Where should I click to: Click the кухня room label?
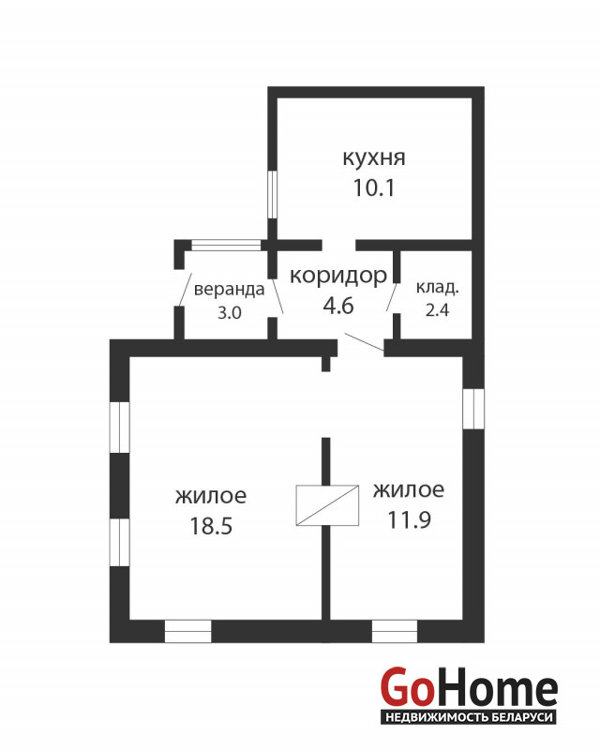point(374,157)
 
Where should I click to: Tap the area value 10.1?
point(374,187)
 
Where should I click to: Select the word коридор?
point(338,277)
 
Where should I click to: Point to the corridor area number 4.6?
point(338,306)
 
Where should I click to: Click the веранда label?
point(229,290)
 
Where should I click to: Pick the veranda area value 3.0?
point(229,313)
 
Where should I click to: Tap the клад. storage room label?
point(437,288)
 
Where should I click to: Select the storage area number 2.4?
point(437,310)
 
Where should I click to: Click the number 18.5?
point(211,526)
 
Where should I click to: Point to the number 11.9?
point(409,520)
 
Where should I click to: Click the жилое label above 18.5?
point(211,496)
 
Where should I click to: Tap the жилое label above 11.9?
point(409,489)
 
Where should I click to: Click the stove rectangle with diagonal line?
point(327,505)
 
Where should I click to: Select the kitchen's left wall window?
point(272,194)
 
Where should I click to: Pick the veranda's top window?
point(226,246)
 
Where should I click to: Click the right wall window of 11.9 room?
point(473,409)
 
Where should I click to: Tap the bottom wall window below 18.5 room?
point(188,631)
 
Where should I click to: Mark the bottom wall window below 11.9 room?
point(395,631)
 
